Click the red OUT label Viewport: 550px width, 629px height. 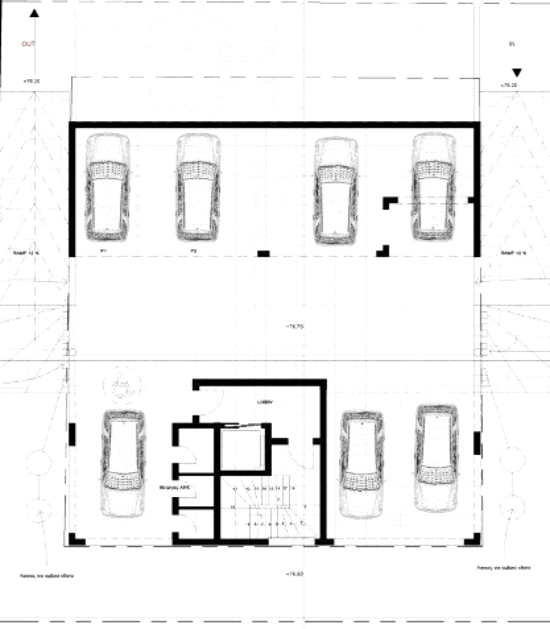point(28,44)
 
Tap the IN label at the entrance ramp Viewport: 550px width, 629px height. point(511,44)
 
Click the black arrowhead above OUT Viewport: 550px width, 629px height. point(34,14)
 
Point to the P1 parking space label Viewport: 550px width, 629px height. point(103,250)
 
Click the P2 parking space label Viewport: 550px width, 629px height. point(194,250)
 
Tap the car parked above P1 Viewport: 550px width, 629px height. point(107,188)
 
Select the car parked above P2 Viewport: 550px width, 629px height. point(198,188)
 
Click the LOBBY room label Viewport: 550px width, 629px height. point(265,403)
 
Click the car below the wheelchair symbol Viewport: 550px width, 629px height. point(123,463)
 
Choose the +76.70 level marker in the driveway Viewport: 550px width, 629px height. point(295,327)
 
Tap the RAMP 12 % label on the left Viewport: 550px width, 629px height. point(26,253)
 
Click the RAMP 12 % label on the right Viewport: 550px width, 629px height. point(513,253)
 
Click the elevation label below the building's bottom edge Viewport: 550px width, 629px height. point(295,574)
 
